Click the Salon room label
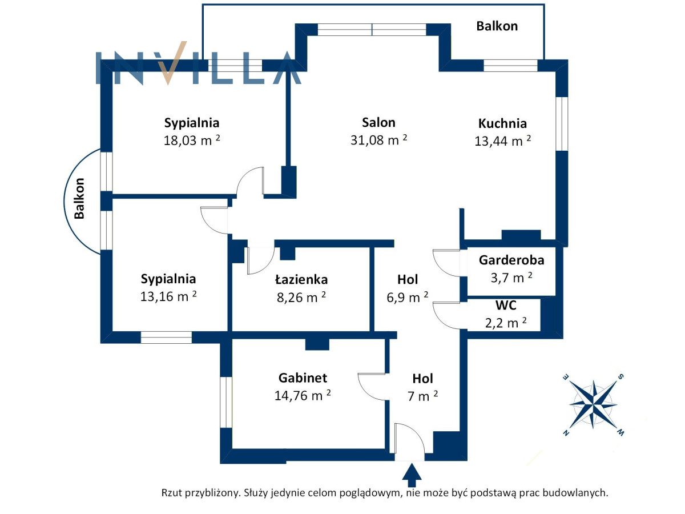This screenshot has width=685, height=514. click(x=378, y=122)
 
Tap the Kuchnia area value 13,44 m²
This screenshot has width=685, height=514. click(x=502, y=142)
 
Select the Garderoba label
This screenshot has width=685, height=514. click(x=511, y=260)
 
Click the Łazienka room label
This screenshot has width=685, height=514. click(x=301, y=280)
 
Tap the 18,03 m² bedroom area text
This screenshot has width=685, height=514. click(x=192, y=140)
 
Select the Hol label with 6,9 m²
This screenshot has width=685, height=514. click(x=408, y=279)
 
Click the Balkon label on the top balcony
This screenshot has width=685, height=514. click(x=497, y=26)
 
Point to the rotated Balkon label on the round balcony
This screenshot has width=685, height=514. click(x=79, y=199)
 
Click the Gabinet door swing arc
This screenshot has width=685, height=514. click(x=368, y=388)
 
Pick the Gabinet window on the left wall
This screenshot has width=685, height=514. click(x=226, y=402)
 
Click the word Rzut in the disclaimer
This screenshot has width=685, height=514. click(x=174, y=492)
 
